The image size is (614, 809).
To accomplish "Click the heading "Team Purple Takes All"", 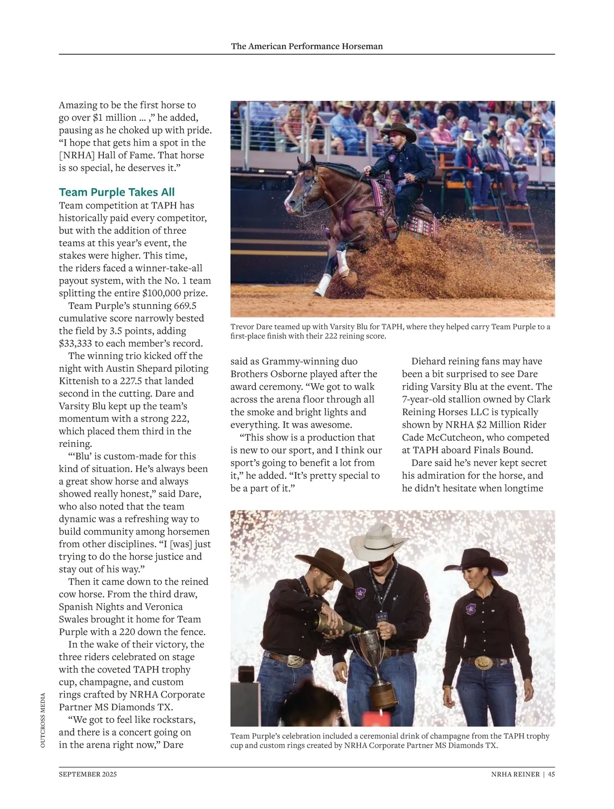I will coord(117,192).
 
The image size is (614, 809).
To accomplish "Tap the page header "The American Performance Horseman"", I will coord(306,46).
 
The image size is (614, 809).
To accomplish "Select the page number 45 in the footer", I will coord(551,774).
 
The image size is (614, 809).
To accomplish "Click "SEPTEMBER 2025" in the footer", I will coord(87,774).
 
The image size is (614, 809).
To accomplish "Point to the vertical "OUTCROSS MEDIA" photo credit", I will coord(43,720).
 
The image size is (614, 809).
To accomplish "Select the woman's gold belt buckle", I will coord(484,663).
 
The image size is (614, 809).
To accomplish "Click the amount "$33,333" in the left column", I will coord(80,344).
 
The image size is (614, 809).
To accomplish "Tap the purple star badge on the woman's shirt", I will coord(471,609).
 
